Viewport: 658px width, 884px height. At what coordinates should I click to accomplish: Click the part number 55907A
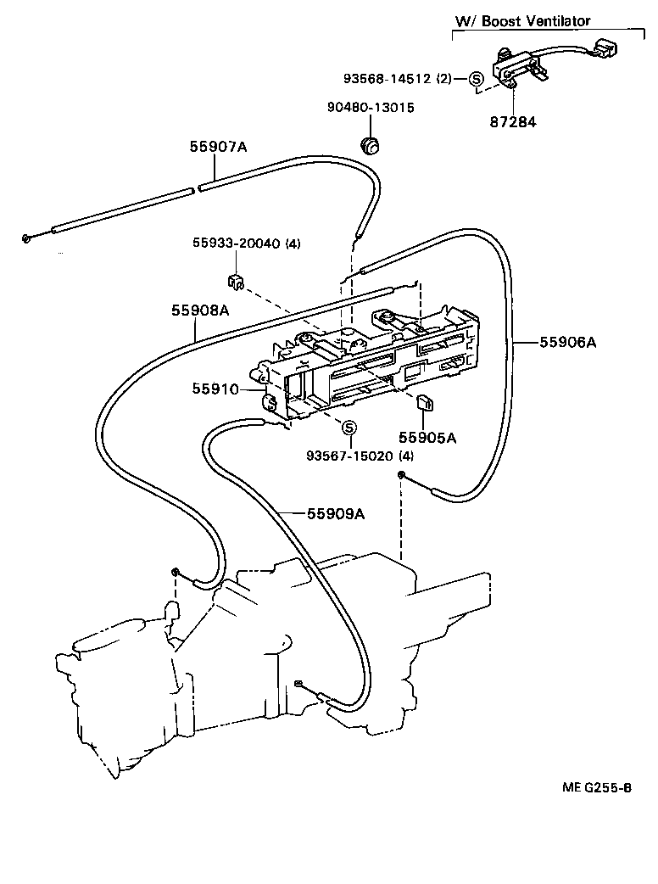click(217, 147)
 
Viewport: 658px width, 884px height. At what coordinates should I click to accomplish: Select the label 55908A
click(201, 311)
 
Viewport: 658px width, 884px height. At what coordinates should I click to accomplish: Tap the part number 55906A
click(568, 343)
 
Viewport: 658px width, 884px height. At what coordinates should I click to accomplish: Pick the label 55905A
click(427, 438)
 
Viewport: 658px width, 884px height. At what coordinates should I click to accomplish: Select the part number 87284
click(512, 122)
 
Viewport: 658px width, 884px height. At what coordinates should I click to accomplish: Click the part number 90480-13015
click(371, 108)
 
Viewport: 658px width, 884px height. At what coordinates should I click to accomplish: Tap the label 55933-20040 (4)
click(244, 244)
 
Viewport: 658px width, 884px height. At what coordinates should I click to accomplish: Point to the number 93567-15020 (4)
click(360, 456)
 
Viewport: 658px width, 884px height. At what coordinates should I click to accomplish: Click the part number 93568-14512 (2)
click(398, 79)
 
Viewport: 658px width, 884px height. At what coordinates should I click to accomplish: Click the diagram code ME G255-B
click(596, 786)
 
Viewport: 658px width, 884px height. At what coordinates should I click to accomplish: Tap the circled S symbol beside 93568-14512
click(476, 79)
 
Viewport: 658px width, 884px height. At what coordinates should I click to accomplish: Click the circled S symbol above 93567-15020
click(349, 427)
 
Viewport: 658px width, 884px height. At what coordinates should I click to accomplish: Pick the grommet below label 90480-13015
click(370, 145)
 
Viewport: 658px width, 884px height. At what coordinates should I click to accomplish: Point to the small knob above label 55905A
click(426, 401)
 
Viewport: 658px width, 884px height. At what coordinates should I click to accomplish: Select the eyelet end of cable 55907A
click(28, 238)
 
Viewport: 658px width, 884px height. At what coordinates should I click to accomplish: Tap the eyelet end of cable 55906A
click(400, 476)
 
